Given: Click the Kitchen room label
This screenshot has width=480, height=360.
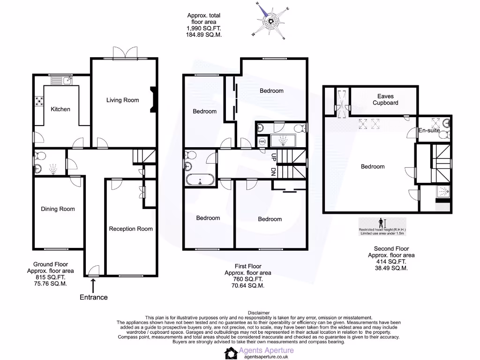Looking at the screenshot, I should click(60, 109).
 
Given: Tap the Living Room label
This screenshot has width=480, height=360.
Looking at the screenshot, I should click(122, 100).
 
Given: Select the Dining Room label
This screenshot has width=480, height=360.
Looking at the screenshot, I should click(58, 209).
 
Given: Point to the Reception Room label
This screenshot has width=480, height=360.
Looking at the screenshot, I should click(131, 229).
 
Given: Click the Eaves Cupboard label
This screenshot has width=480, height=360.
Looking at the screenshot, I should click(385, 99).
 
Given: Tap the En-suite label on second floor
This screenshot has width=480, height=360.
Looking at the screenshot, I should click(429, 130).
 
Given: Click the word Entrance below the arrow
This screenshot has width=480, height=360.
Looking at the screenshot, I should click(94, 297).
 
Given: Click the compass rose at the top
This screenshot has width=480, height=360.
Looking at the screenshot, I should click(271, 21).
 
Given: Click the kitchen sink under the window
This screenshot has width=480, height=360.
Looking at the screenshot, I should click(61, 81).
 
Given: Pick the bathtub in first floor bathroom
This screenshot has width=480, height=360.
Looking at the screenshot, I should click(201, 180).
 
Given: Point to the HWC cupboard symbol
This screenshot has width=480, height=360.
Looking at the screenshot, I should click(262, 141).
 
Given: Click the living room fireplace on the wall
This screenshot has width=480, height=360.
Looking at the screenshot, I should click(153, 100).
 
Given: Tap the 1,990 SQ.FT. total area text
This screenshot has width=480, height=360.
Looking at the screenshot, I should click(203, 28).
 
